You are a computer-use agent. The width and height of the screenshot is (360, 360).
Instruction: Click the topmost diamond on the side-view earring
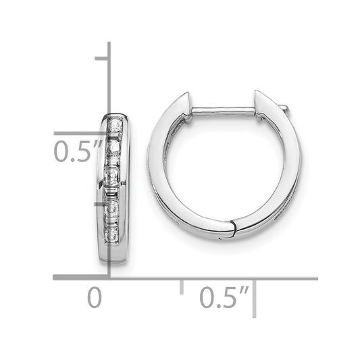point(114,125)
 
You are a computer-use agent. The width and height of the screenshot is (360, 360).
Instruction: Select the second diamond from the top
point(114,145)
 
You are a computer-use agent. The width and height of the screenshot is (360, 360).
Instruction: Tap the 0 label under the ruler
point(95,297)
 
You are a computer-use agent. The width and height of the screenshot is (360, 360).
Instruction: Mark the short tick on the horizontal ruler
point(181,286)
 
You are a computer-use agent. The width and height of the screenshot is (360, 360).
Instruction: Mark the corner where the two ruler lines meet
point(109,277)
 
